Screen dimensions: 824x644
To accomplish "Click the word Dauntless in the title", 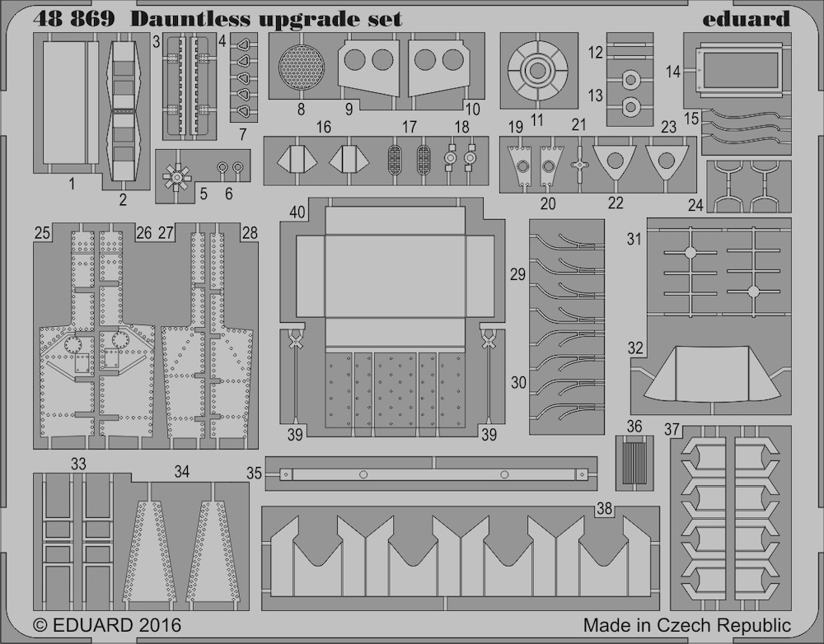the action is point(190,19).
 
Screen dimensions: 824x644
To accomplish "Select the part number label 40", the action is point(297,212).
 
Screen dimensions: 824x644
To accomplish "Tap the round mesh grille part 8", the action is point(301,68).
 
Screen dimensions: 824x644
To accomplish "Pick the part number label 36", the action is point(634,426).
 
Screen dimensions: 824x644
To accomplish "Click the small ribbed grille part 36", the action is point(634,463).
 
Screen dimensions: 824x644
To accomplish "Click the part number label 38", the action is point(604,508).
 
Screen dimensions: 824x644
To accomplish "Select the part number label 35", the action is point(254,474).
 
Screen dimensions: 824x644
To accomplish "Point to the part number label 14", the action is point(672,72).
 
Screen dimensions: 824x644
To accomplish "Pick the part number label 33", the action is point(78,464).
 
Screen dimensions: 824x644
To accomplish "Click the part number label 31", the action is point(634,239).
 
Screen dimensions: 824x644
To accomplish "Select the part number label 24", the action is point(695,205).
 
